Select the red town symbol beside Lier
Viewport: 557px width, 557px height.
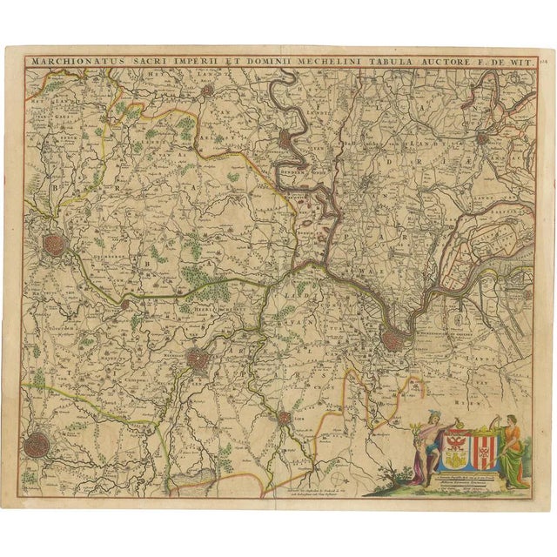point(283,419)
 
